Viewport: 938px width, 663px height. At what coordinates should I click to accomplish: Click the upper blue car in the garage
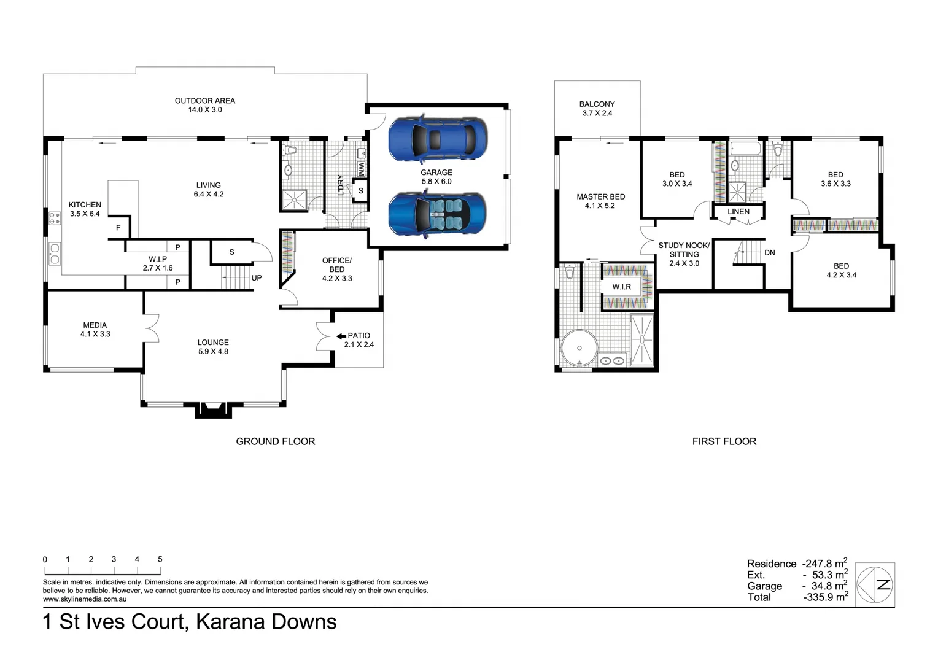coord(438,139)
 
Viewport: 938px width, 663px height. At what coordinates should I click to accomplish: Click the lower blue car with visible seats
coord(438,213)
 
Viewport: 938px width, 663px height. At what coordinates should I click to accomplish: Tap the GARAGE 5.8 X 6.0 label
coord(436,177)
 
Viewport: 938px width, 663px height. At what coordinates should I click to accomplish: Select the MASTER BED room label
coord(600,201)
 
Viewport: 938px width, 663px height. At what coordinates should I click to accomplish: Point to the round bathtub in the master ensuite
coord(579,349)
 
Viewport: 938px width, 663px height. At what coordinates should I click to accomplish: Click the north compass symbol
coord(875,585)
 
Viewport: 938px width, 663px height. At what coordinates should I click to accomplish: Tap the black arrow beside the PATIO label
coord(341,336)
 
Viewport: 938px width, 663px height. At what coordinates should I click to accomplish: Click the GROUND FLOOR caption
coord(275,441)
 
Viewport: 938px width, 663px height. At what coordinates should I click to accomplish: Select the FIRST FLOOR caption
coord(724,441)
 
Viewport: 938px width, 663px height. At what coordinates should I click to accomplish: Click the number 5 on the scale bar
coord(160,559)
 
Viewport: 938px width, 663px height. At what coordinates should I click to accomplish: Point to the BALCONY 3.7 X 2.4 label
coord(597,109)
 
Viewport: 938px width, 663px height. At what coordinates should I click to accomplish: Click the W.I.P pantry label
coord(158,263)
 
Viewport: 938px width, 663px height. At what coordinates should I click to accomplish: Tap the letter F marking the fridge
coord(118,228)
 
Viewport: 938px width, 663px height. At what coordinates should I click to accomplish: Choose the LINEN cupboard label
coord(738,212)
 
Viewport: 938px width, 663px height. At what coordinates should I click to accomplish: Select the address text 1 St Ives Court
coord(114,622)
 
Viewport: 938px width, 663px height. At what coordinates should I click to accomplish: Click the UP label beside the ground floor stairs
coord(257,278)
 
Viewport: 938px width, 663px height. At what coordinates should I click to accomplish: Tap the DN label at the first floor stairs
coord(769,252)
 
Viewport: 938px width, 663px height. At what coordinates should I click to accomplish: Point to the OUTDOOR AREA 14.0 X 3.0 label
coord(204,105)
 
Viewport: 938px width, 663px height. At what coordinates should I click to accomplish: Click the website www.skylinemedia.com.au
coord(85,599)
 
